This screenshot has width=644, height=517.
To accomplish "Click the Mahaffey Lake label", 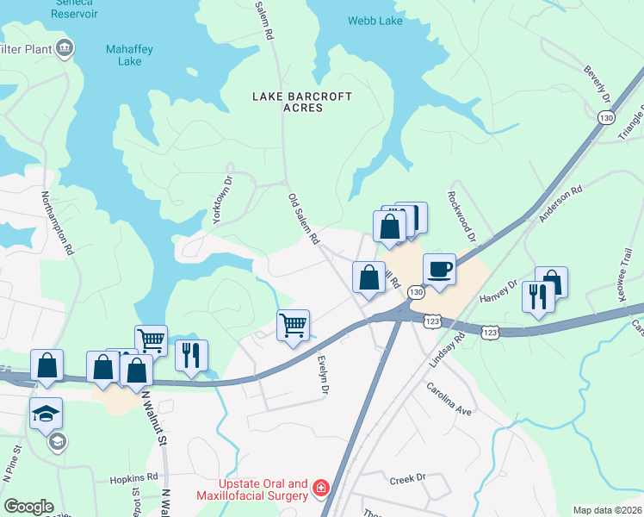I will pyautogui.click(x=129, y=55).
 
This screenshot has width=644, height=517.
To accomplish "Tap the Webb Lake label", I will pyautogui.click(x=375, y=21).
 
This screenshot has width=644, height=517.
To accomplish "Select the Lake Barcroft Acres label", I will pyautogui.click(x=301, y=103).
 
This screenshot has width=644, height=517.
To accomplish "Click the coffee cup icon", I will pyautogui.click(x=439, y=268).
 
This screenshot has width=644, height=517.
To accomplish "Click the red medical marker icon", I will pyautogui.click(x=321, y=489).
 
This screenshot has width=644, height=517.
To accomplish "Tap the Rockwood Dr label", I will pyautogui.click(x=461, y=221).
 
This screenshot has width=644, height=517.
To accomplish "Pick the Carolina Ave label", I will pyautogui.click(x=449, y=399).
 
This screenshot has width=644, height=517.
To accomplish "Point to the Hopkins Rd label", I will pyautogui.click(x=133, y=477).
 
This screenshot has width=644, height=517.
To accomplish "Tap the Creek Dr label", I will pyautogui.click(x=408, y=478).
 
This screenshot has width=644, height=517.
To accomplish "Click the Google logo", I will pyautogui.click(x=28, y=507).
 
